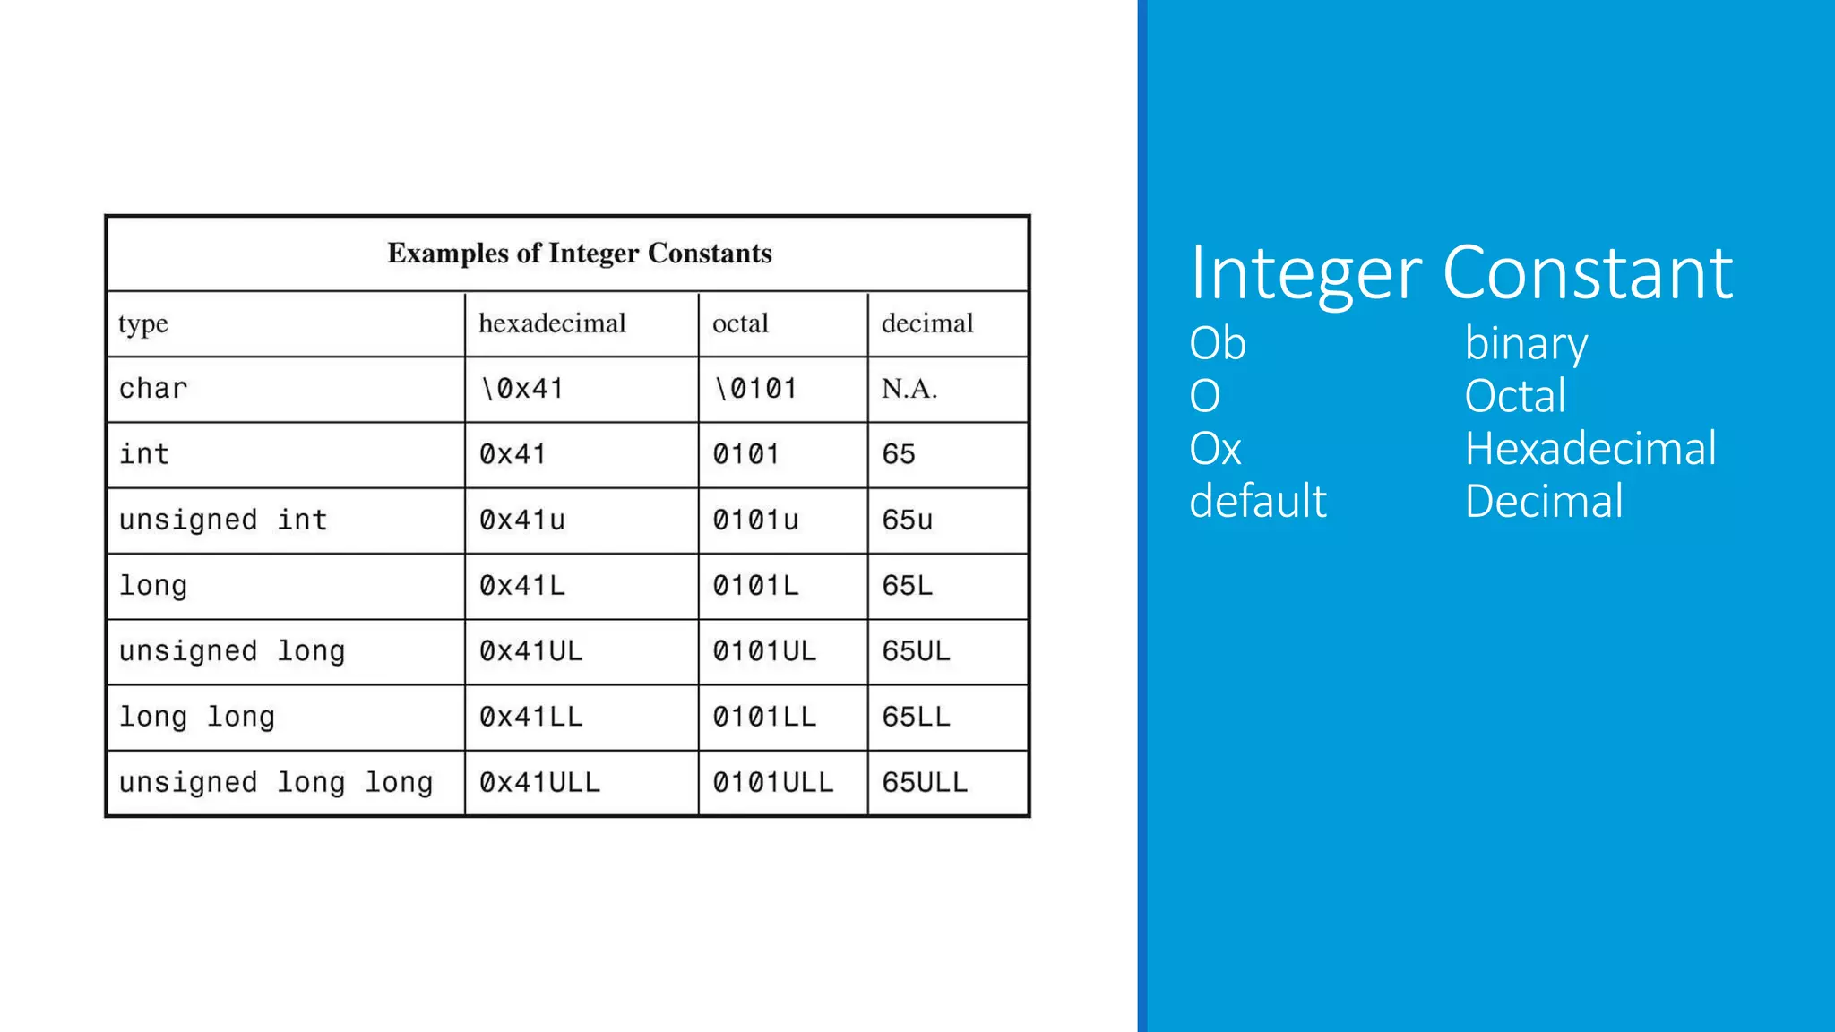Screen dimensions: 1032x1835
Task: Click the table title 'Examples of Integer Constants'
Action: [x=579, y=254]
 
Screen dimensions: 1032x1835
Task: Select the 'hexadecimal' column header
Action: [x=552, y=323]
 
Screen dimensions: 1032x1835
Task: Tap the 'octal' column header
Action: [x=740, y=323]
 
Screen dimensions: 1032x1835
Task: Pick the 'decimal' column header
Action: [x=926, y=323]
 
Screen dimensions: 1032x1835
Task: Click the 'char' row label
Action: [x=153, y=389]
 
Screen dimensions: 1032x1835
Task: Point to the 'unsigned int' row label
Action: [x=223, y=520]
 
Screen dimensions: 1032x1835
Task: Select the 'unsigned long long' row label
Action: [x=276, y=783]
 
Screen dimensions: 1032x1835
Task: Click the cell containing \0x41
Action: [x=522, y=389]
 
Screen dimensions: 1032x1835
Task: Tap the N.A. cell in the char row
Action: [x=909, y=389]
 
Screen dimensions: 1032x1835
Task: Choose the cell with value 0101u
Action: [x=755, y=520]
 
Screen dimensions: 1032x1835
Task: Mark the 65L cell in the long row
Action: [x=907, y=586]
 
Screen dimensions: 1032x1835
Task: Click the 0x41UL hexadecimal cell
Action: [x=530, y=651]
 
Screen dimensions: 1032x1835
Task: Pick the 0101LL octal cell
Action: [x=764, y=717]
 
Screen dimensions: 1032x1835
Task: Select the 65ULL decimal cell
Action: [x=925, y=783]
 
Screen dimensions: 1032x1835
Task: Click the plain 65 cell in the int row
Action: [x=898, y=454]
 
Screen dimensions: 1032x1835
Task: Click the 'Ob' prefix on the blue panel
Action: [x=1217, y=343]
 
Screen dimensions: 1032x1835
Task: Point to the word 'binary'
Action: [x=1526, y=345]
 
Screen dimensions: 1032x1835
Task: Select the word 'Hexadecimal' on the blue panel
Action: [x=1590, y=449]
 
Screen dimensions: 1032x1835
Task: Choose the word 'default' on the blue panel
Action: [x=1257, y=502]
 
